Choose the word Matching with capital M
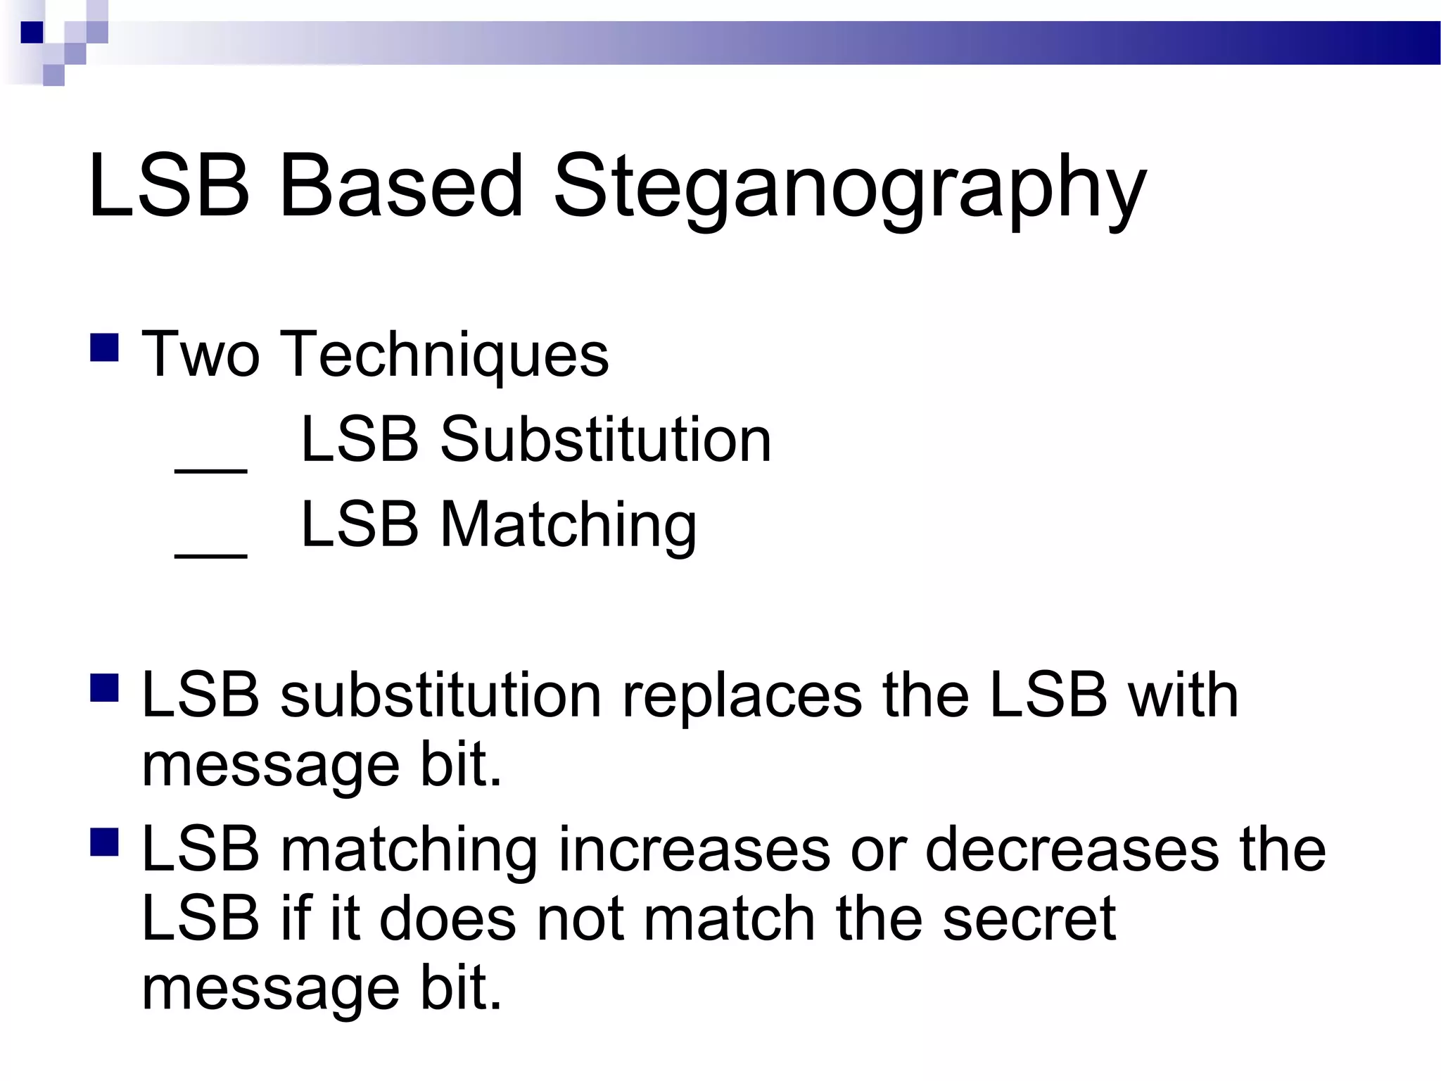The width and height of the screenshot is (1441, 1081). click(569, 525)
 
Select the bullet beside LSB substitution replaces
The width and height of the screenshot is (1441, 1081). click(104, 688)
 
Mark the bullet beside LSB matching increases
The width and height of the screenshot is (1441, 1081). click(104, 842)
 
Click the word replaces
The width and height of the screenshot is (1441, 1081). click(742, 697)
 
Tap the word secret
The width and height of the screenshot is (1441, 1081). click(1029, 919)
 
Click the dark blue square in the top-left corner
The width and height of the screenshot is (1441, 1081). click(32, 33)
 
